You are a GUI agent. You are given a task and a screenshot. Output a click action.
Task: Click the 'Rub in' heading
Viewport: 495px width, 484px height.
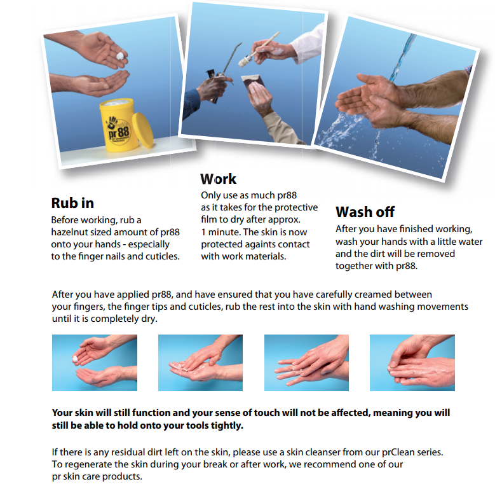(72, 203)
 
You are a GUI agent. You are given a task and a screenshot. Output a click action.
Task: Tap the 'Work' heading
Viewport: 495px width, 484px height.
(218, 179)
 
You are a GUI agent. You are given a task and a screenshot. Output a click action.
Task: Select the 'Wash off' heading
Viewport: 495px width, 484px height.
(365, 212)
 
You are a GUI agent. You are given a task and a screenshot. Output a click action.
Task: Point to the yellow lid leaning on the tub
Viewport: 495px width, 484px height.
(143, 130)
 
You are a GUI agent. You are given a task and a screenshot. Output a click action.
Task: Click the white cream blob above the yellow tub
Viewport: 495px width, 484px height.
(120, 56)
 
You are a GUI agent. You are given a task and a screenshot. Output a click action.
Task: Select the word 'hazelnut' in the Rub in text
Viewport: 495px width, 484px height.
(68, 232)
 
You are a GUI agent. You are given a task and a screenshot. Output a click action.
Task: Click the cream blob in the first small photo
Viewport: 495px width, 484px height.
(75, 359)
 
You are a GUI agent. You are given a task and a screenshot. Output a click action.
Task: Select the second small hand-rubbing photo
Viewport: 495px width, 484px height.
(200, 363)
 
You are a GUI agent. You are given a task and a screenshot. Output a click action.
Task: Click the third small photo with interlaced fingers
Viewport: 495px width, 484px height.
(306, 363)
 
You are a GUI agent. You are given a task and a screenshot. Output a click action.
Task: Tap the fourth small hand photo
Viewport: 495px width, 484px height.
(412, 363)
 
